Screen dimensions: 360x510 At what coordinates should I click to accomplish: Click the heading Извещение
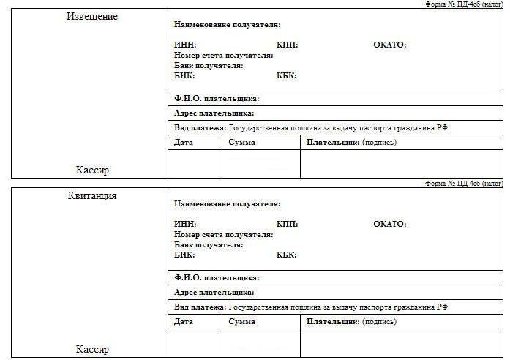point(91,16)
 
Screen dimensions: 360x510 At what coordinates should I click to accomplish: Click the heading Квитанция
point(91,195)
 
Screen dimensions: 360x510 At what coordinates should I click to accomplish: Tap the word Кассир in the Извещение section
point(92,170)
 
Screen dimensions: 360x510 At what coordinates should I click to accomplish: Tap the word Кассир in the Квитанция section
point(92,349)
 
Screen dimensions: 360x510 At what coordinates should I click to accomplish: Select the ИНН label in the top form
point(185,45)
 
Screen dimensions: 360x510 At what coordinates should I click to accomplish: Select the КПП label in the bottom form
point(288,224)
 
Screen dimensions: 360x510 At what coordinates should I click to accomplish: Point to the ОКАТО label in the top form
point(389,45)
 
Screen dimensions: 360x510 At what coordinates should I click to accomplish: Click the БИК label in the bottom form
point(185,255)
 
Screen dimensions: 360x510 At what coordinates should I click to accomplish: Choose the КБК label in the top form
point(287,76)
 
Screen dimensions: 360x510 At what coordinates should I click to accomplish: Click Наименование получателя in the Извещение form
point(227,25)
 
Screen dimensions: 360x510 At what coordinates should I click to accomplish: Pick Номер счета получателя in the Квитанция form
point(224,235)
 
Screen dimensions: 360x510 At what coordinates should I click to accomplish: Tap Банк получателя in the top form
point(209,66)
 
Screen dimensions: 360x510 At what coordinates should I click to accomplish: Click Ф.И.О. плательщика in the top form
point(217,98)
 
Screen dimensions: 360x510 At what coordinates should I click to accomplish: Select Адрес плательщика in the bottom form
point(214,293)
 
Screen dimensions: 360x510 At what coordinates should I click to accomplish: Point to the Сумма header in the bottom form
point(241,321)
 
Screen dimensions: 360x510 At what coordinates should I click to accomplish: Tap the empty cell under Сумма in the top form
point(261,164)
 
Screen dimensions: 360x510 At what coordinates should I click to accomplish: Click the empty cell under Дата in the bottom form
point(195,343)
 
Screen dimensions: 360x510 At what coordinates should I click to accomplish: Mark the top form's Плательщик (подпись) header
point(351,142)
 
